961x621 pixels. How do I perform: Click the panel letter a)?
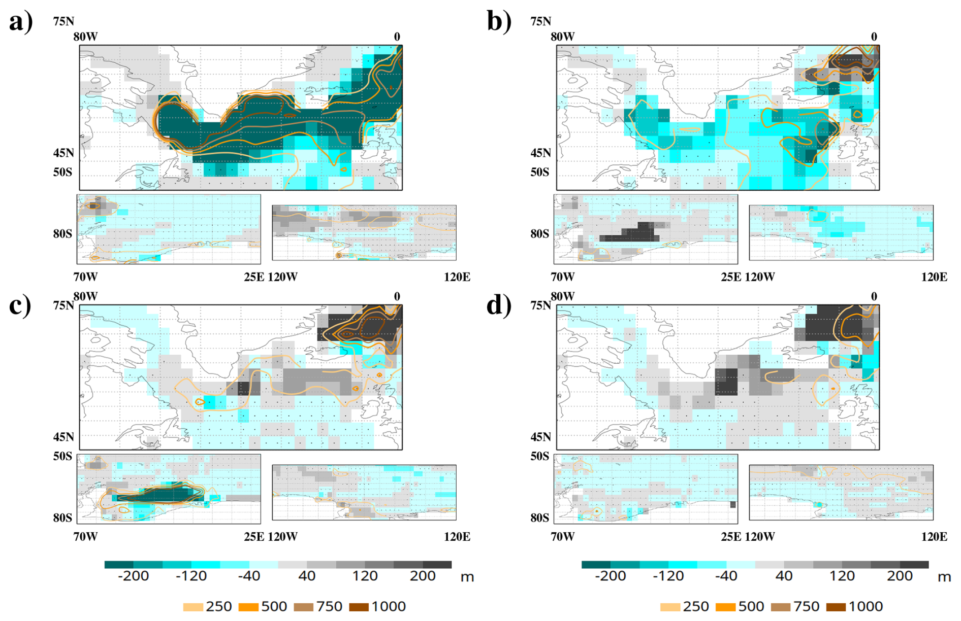21,21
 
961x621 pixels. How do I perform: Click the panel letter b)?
499,21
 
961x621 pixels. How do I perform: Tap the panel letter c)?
20,305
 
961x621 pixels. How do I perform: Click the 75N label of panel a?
63,21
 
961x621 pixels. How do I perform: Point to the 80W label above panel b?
563,37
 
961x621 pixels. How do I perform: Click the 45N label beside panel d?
540,437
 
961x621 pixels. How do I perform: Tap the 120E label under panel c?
457,537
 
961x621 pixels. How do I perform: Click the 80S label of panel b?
540,234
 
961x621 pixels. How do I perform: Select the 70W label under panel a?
85,277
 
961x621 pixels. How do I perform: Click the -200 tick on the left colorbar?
133,576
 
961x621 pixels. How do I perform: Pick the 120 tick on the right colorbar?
842,576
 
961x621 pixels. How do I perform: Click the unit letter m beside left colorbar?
467,577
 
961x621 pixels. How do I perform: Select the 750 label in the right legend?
807,606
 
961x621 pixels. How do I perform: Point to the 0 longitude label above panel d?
874,296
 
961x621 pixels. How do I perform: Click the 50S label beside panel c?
63,456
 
